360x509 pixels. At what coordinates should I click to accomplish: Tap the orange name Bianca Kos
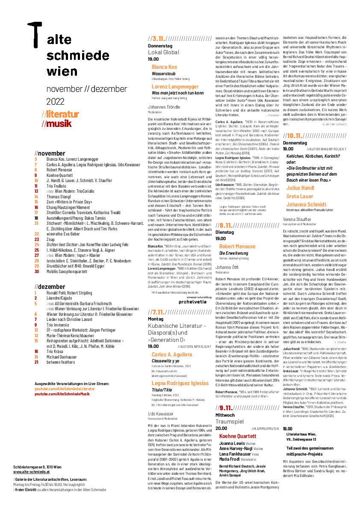pos(164,67)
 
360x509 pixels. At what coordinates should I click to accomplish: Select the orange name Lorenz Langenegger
pos(175,87)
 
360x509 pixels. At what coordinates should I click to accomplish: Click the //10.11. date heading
pos(294,136)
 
